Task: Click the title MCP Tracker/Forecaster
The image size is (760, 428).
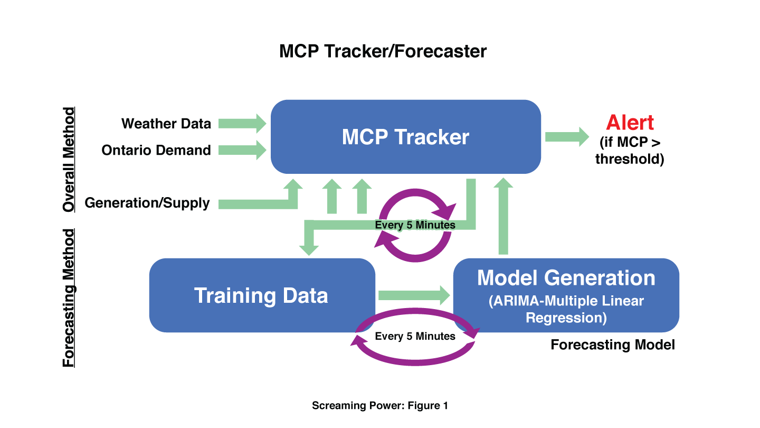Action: (383, 51)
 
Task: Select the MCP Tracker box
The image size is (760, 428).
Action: (406, 137)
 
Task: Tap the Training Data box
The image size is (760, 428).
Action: (262, 295)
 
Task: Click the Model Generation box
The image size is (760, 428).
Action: (566, 295)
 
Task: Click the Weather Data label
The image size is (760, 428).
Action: (166, 124)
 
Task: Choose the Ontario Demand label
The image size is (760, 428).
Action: (156, 150)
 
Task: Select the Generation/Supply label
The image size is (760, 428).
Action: (147, 203)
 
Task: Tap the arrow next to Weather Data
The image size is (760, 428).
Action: (242, 124)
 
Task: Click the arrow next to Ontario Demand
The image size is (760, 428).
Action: (242, 150)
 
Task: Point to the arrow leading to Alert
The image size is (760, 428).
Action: (567, 137)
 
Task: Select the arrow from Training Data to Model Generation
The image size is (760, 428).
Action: (414, 295)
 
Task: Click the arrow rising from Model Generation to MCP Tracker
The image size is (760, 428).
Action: (503, 217)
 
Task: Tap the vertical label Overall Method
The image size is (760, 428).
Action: (69, 160)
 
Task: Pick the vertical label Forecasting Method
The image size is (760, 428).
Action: (69, 298)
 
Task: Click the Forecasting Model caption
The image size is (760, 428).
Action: (613, 345)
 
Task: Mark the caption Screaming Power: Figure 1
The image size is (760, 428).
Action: (380, 406)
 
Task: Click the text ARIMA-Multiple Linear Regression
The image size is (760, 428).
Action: (566, 309)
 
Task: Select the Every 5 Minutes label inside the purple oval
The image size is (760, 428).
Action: (415, 336)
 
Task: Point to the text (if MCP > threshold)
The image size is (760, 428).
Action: (630, 151)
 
